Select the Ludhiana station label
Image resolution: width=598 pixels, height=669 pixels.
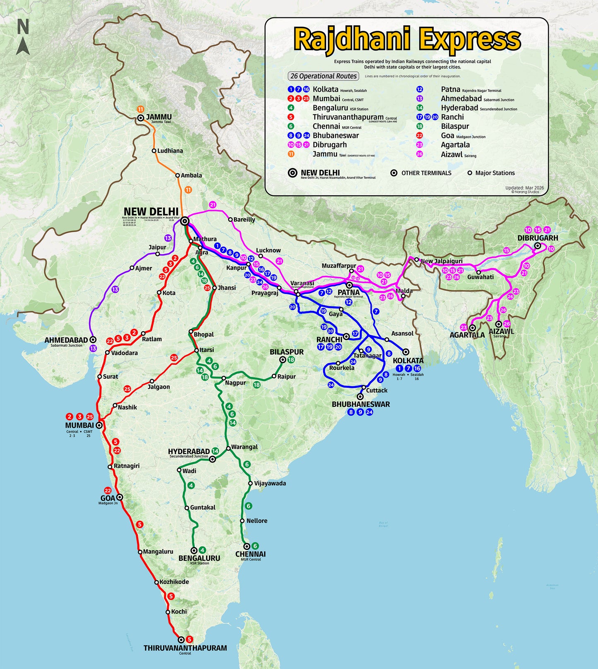coord(170,151)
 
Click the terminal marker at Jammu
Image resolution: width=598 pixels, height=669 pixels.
coord(141,118)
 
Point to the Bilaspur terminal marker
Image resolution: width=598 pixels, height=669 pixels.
coord(283,360)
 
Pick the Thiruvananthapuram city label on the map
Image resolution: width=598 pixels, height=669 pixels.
coord(185,648)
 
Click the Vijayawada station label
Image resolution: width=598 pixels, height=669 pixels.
coord(270,483)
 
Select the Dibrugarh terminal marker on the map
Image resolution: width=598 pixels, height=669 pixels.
coord(538,246)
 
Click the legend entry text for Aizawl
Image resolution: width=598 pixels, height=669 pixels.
coord(452,154)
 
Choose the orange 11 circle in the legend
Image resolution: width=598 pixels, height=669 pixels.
coord(291,154)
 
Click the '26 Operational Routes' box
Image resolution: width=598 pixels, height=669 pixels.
coord(323,76)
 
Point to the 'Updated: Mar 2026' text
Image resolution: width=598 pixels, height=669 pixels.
coord(524,188)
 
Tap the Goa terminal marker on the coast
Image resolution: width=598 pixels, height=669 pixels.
coord(120,497)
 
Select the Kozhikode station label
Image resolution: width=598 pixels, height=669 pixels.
coord(174,582)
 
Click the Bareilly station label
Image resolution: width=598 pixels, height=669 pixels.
coord(244,219)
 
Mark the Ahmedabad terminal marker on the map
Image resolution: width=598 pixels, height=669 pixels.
coord(93,339)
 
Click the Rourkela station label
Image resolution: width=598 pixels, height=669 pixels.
coord(342,368)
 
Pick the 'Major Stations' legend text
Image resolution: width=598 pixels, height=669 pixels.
coord(495,173)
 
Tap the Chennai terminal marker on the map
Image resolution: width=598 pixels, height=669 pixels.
coord(247,546)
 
